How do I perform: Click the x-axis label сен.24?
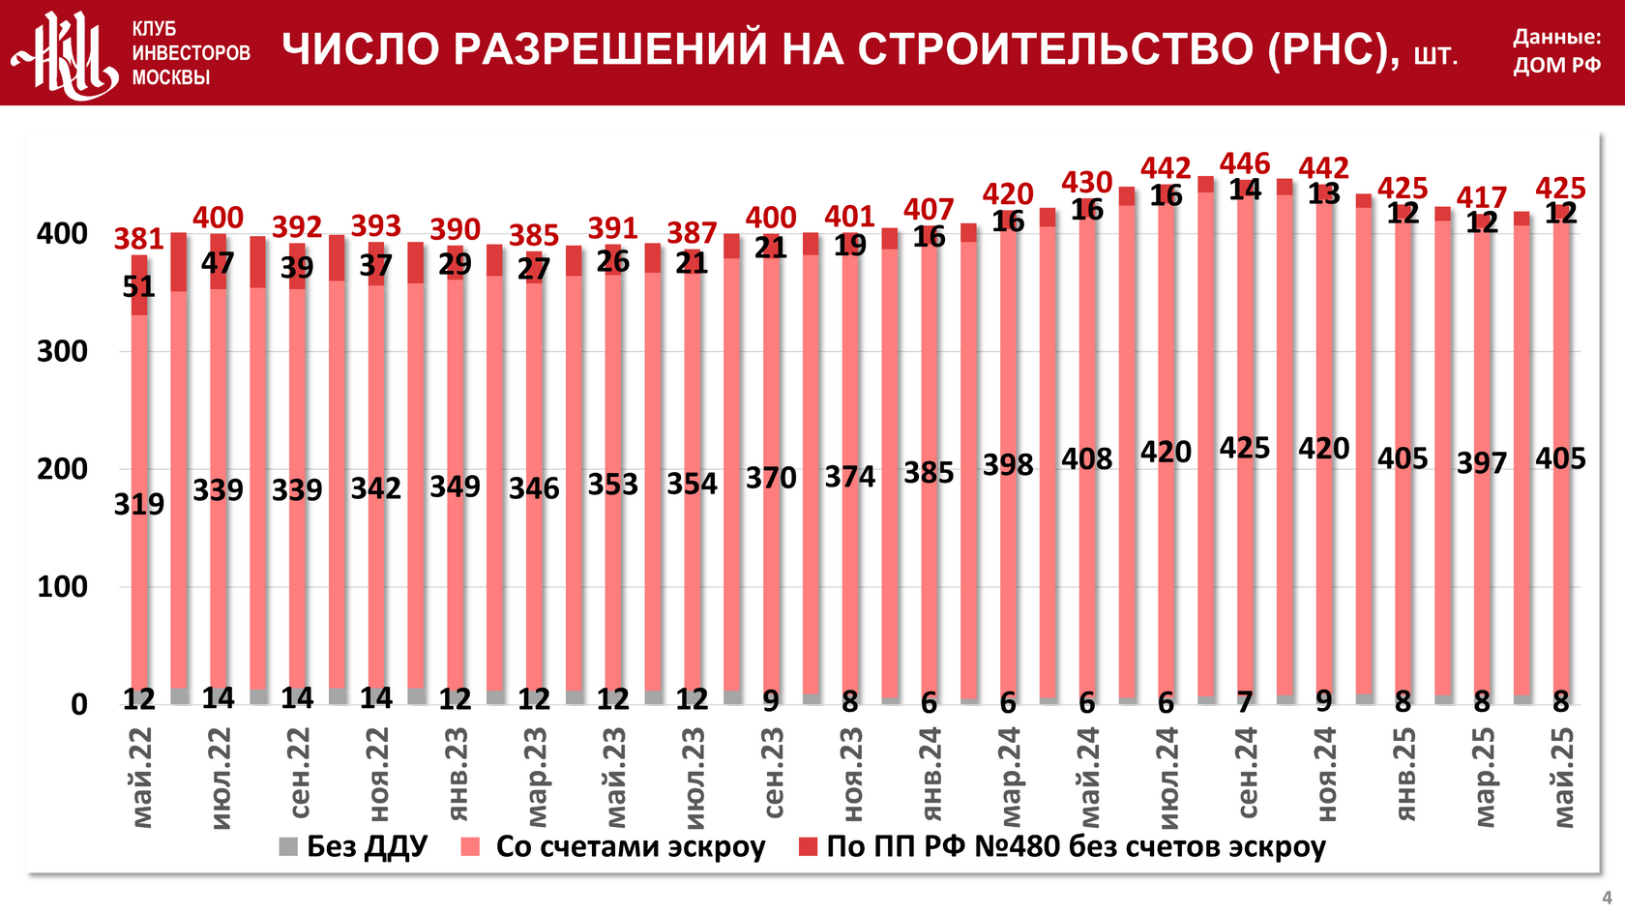coord(1247,773)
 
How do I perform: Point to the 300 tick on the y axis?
coord(62,351)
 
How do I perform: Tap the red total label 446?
coord(1245,163)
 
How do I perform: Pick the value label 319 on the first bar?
coord(139,504)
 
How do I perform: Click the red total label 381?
coord(139,239)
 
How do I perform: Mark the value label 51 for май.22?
coord(139,286)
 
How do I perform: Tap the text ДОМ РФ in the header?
coord(1556,66)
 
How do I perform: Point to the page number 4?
coord(1607,898)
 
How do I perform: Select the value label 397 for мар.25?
coord(1482,462)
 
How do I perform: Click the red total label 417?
coord(1482,198)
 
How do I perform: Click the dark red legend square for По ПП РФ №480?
coord(809,847)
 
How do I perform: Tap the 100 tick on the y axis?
coord(62,586)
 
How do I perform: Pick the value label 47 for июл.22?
coord(219,263)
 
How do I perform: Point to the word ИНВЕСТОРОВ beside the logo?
coord(192,53)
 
